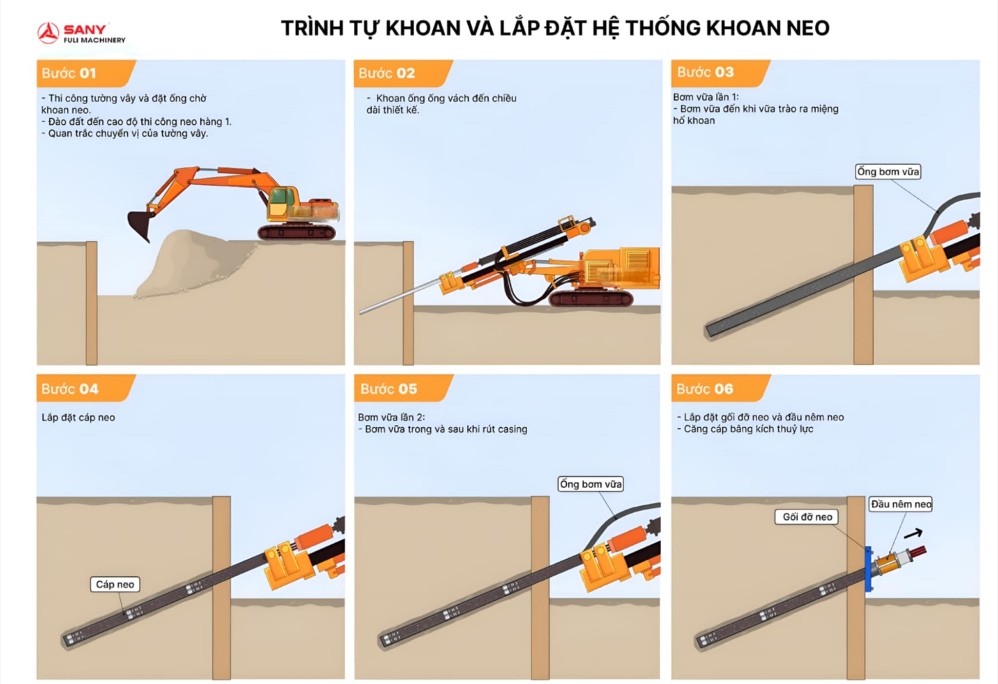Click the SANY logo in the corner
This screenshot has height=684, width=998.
click(81, 33)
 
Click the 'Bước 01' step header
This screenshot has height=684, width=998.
click(69, 73)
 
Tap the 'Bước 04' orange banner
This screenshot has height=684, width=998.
click(70, 389)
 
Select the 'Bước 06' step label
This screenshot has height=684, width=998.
click(705, 389)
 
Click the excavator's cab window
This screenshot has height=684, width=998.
click(279, 197)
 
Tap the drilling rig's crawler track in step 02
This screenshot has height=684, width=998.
click(591, 298)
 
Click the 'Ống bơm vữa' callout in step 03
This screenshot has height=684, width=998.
click(888, 171)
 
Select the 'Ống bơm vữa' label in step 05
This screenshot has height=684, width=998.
click(591, 484)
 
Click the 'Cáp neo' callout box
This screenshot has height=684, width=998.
click(115, 584)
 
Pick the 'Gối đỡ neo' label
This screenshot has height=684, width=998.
click(807, 517)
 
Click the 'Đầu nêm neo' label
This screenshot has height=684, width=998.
click(901, 504)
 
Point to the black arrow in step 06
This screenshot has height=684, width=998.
click(913, 534)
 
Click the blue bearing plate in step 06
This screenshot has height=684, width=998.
click(868, 569)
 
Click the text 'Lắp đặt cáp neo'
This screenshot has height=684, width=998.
click(78, 418)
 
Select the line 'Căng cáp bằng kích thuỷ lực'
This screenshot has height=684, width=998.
click(748, 429)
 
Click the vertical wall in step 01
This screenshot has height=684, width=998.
click(92, 302)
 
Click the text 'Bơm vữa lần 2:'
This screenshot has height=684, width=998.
click(391, 418)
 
